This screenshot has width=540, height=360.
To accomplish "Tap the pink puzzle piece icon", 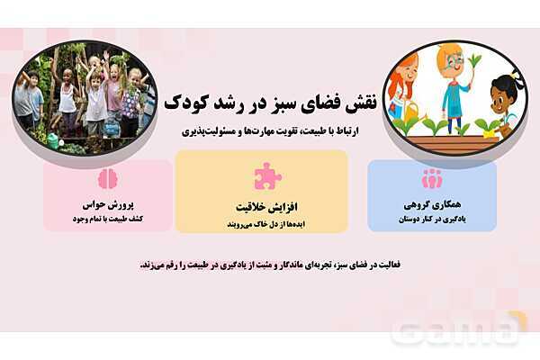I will (267, 175).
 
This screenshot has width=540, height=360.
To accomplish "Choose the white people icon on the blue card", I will (432, 177).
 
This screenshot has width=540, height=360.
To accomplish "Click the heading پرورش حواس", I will (108, 205).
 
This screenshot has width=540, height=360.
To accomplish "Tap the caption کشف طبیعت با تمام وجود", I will (108, 219).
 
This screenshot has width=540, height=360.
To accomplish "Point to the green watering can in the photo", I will (54, 139).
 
